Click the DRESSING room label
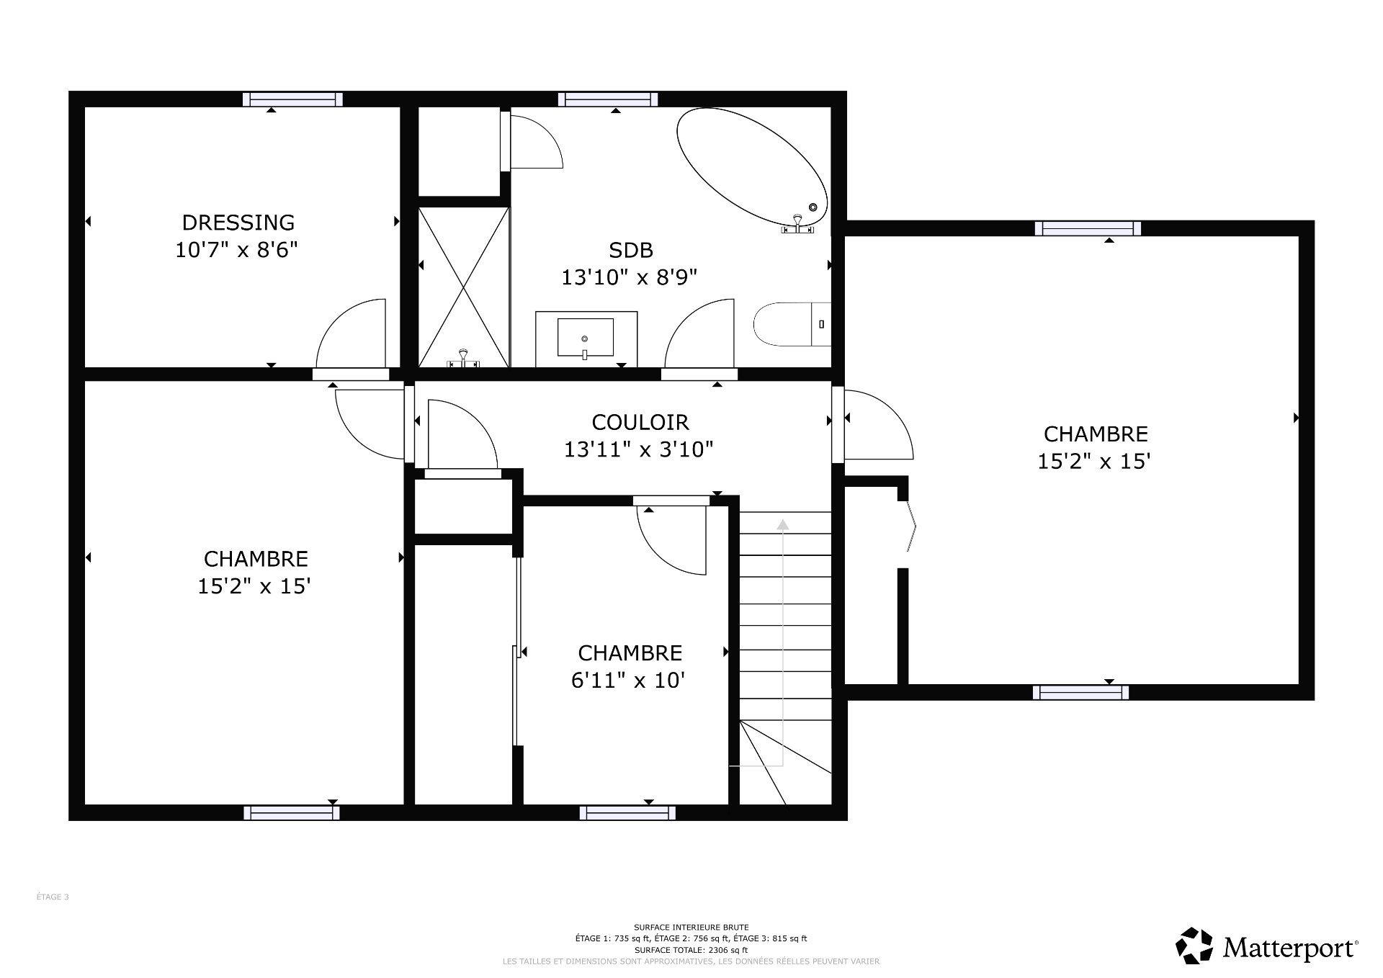tap(238, 222)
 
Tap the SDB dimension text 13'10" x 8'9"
tap(630, 277)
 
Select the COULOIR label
tap(640, 422)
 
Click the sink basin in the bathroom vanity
tap(585, 338)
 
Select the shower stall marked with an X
tap(464, 287)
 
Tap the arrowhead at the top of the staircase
tap(783, 524)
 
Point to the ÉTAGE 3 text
tap(53, 897)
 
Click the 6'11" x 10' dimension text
tap(627, 680)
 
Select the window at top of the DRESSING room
tap(292, 99)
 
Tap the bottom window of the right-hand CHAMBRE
tap(1080, 692)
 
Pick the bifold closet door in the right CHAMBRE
tap(911, 526)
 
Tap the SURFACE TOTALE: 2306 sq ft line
tap(691, 950)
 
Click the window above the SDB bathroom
tap(607, 99)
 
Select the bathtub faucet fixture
tap(797, 225)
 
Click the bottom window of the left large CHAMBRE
tap(291, 812)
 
